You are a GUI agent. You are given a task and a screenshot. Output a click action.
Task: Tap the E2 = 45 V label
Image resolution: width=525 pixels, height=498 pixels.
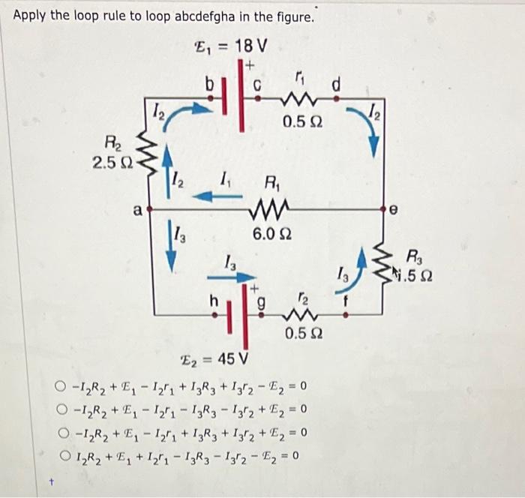tap(218, 355)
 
